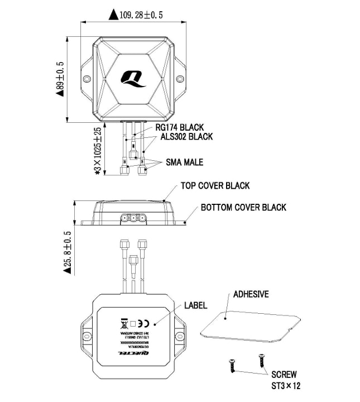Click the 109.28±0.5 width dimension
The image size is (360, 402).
pos(141,15)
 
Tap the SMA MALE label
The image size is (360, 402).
pos(185,162)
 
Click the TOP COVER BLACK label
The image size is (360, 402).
pos(215,185)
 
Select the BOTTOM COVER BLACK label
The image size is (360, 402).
pos(243,207)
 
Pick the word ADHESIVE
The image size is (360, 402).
pos(251,294)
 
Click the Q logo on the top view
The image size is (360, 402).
pos(133,78)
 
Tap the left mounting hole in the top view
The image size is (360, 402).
pos(87,79)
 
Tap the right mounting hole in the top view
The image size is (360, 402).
pos(180,79)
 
